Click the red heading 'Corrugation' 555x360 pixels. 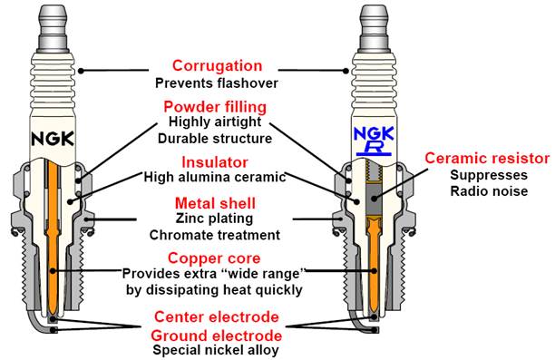click(217, 66)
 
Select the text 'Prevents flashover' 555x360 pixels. click(217, 83)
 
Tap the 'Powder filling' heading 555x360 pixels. click(215, 107)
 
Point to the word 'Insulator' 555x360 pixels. click(215, 162)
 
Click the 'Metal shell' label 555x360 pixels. click(215, 203)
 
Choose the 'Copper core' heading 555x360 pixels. click(214, 258)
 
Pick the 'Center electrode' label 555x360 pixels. click(217, 316)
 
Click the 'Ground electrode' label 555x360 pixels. click(217, 336)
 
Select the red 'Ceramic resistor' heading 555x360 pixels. click(487, 158)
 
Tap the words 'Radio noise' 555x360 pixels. click(489, 191)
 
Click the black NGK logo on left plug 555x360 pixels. click(53, 139)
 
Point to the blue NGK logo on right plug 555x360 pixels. click(374, 134)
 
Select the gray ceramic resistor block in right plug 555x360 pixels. click(375, 199)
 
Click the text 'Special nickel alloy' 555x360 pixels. click(216, 350)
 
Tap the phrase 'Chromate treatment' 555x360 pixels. click(215, 235)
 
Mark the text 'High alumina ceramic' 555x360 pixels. click(215, 177)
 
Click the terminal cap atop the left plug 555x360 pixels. click(53, 27)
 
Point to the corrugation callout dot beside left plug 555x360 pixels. click(81, 71)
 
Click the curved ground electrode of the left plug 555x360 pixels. click(35, 320)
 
